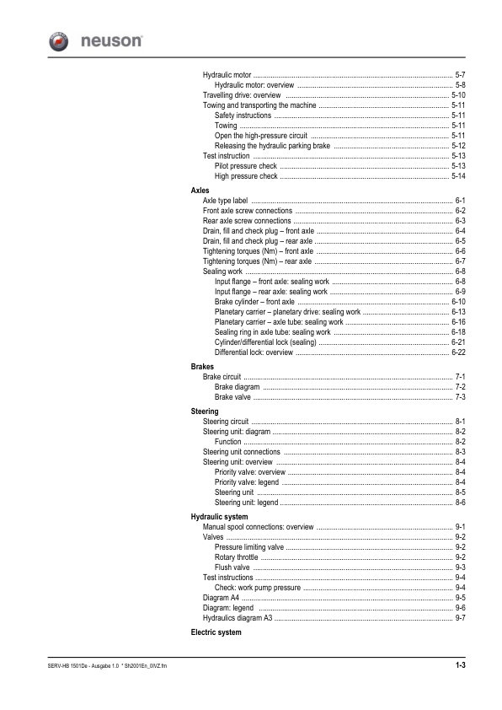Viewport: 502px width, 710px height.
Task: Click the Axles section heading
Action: (200, 191)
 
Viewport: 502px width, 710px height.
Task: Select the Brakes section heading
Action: (203, 367)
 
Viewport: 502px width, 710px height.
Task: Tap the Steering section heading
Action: (206, 411)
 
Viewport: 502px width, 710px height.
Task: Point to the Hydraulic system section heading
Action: (219, 516)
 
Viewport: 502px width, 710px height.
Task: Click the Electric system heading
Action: (216, 632)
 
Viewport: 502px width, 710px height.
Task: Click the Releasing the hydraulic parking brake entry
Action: (272, 146)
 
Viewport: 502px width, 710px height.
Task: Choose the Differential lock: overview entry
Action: (254, 352)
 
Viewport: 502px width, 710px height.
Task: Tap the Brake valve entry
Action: (233, 396)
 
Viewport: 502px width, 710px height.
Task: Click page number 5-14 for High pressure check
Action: (459, 176)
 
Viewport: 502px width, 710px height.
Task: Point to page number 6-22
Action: (459, 352)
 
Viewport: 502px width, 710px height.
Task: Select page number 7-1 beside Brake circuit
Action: (461, 376)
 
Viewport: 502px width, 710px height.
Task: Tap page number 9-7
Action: (461, 618)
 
